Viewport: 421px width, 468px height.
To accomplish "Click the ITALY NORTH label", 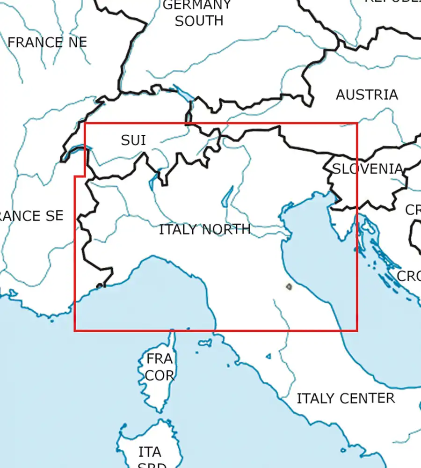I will [x=205, y=230].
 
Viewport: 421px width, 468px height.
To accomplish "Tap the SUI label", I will [x=133, y=140].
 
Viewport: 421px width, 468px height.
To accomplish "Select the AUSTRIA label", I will [x=367, y=95].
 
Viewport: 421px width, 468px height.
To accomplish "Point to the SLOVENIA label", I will [x=368, y=168].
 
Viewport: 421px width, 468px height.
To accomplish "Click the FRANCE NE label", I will [x=47, y=43].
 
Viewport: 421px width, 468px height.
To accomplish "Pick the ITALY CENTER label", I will [x=346, y=398].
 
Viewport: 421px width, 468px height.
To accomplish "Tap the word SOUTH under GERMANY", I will [x=199, y=21].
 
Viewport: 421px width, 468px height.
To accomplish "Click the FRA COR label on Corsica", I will [x=160, y=367].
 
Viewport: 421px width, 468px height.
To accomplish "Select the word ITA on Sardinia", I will [x=150, y=452].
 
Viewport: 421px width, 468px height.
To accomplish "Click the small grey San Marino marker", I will [x=289, y=286].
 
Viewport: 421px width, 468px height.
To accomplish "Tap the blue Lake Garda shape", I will [x=227, y=197].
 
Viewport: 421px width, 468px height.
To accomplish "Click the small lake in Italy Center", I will [x=269, y=357].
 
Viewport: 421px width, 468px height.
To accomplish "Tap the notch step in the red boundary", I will [x=80, y=176].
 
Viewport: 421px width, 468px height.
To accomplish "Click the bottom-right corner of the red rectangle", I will [x=357, y=330].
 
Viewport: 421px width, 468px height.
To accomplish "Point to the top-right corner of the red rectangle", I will [x=357, y=124].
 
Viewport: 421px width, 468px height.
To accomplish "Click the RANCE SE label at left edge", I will [x=31, y=216].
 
